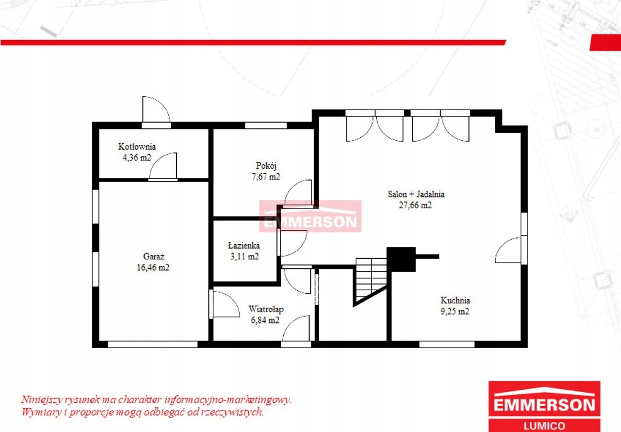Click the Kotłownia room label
(137, 146)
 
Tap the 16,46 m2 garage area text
(153, 267)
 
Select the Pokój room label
(266, 166)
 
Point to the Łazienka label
(244, 245)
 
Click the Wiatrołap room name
(266, 309)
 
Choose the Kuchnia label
(455, 300)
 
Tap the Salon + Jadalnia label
(416, 194)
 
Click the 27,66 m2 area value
(415, 205)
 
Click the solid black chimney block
(401, 259)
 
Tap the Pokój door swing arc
(298, 193)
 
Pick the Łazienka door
(292, 242)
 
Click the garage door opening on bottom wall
(153, 344)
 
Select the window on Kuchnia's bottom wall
(446, 344)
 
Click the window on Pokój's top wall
(266, 126)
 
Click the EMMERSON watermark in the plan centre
(310, 217)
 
